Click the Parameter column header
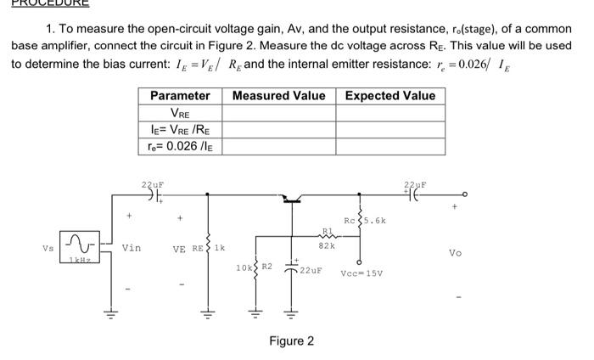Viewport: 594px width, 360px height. click(x=180, y=96)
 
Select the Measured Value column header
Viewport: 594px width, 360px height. click(x=278, y=96)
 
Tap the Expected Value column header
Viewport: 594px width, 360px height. click(x=389, y=96)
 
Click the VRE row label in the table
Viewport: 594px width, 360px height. click(x=180, y=113)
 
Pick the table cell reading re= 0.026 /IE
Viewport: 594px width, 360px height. click(x=180, y=146)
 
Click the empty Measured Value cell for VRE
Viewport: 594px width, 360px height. click(x=278, y=113)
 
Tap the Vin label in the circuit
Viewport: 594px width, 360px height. click(x=132, y=248)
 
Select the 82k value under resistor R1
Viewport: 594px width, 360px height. click(x=326, y=245)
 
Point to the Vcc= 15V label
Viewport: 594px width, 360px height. click(x=363, y=273)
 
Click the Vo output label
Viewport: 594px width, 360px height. click(x=456, y=252)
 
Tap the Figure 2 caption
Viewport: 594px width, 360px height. click(x=291, y=340)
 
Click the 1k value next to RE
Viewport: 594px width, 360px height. click(x=220, y=248)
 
